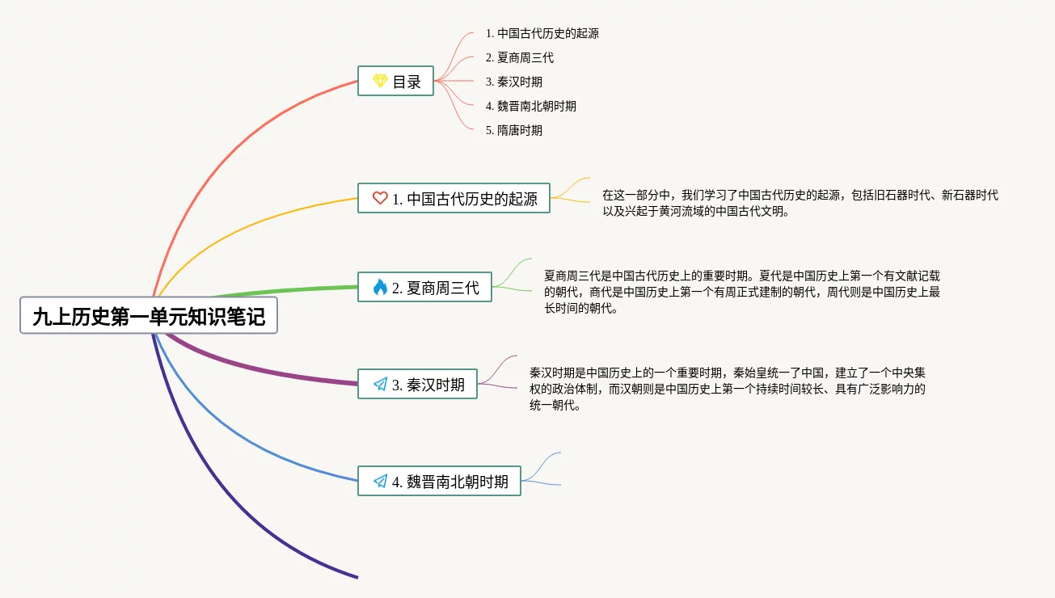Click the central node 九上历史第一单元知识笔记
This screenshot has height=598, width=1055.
click(149, 316)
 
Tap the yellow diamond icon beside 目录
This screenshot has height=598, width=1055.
click(380, 81)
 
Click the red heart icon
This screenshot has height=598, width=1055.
click(380, 198)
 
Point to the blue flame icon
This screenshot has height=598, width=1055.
click(380, 287)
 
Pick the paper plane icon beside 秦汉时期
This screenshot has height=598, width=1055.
click(380, 384)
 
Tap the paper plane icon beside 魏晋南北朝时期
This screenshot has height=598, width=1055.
click(380, 481)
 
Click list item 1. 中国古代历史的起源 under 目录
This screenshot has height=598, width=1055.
click(542, 34)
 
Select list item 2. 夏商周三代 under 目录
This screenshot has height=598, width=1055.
click(519, 58)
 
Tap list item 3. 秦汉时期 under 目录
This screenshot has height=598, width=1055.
click(513, 82)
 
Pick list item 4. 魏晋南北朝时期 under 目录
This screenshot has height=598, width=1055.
click(530, 106)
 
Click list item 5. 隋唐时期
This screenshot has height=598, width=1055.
click(513, 130)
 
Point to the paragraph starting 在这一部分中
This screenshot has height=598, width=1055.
click(800, 204)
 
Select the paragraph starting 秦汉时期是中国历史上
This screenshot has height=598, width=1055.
click(728, 389)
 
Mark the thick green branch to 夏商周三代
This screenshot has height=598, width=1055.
click(283, 289)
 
